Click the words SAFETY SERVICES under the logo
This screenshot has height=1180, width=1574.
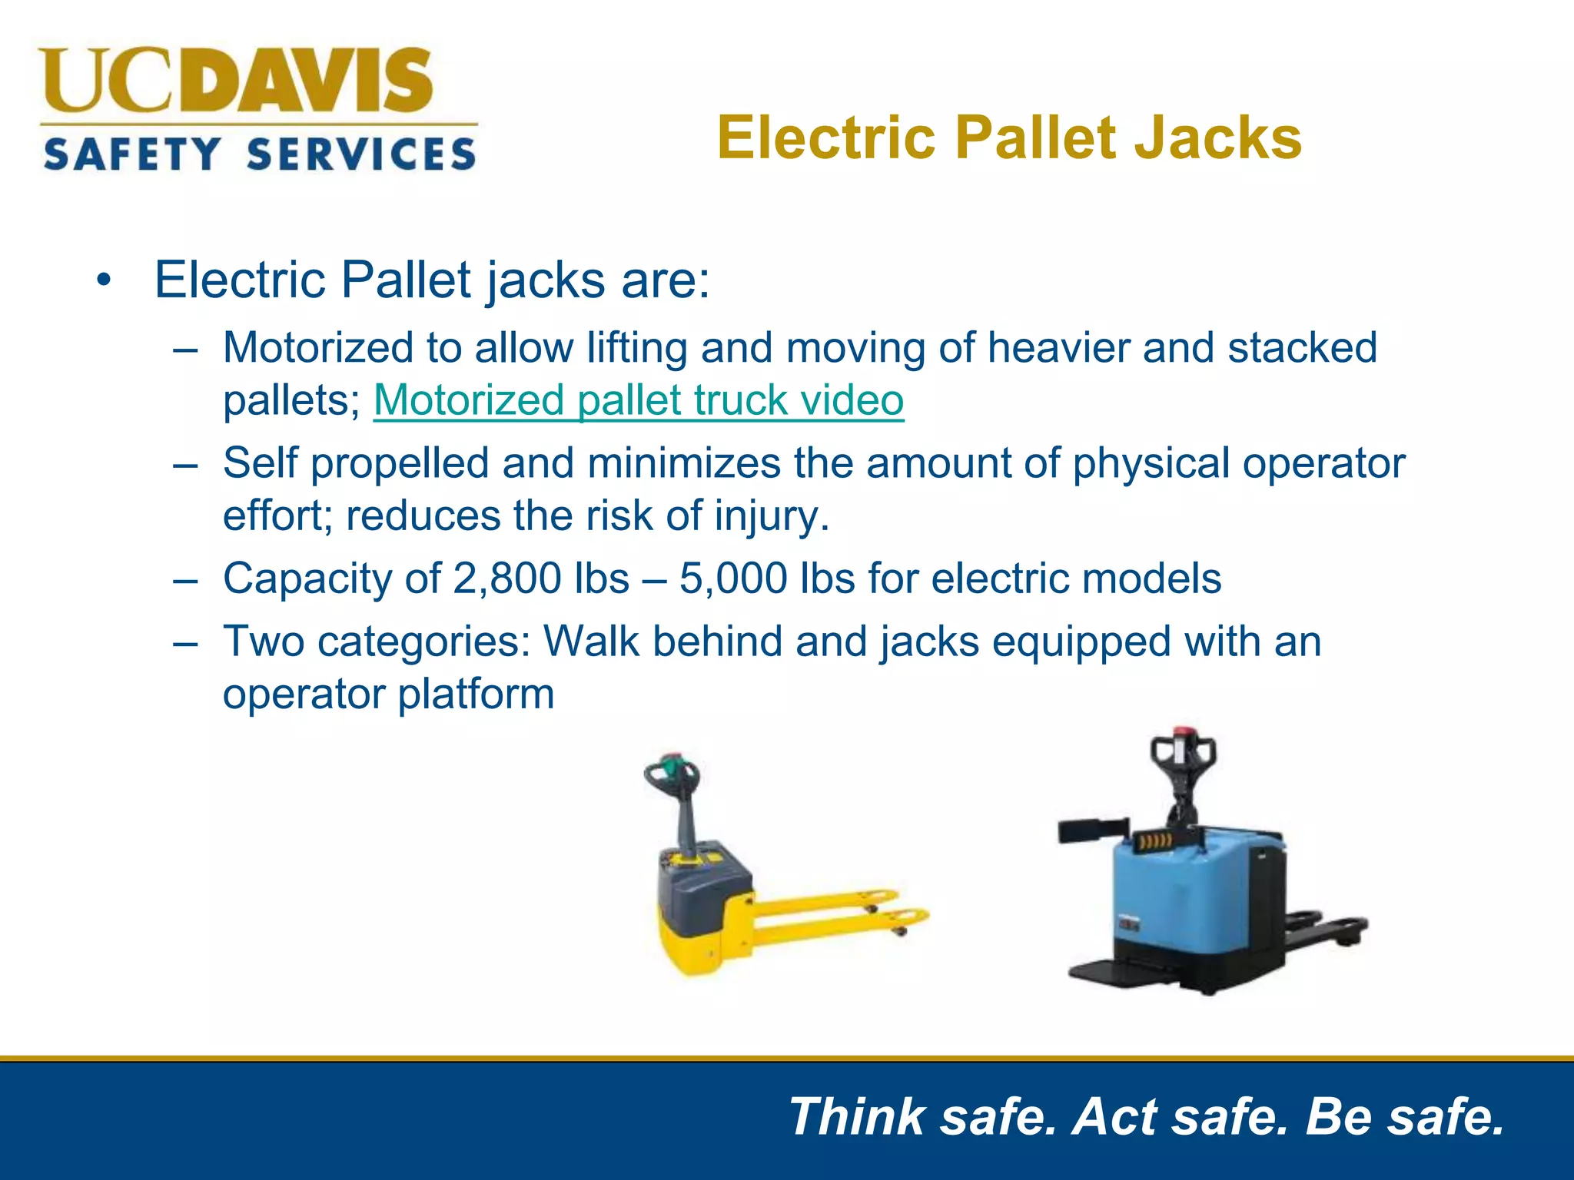pos(260,154)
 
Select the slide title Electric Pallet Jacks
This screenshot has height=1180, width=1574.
pos(1009,138)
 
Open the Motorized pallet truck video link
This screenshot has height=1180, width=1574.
pos(638,400)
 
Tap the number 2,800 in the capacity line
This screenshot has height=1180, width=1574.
pos(507,578)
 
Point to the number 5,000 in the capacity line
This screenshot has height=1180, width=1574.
pos(733,578)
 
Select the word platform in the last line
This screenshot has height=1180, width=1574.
pos(476,694)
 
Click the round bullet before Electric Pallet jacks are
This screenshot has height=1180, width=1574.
pos(105,280)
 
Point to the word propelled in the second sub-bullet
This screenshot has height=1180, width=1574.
pos(400,464)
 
